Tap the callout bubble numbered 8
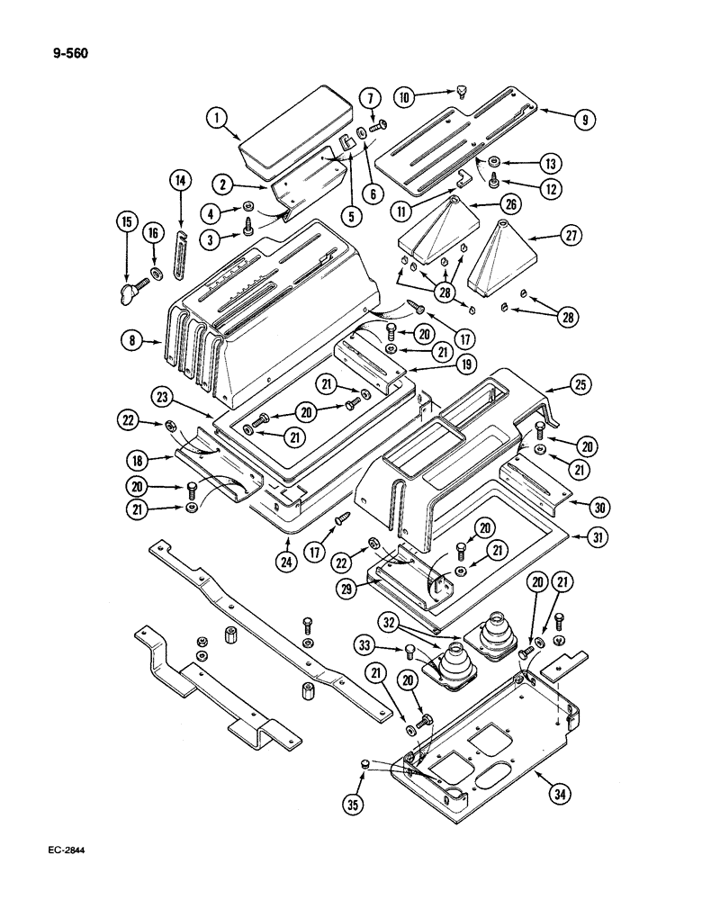click(x=131, y=342)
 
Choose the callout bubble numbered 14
click(x=180, y=182)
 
